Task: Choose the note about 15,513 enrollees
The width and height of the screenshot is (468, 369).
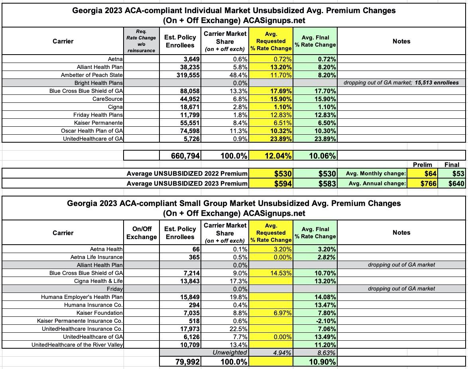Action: (x=401, y=83)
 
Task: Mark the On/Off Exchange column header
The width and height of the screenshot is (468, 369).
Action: (x=142, y=233)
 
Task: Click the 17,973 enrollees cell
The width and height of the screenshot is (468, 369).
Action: (x=187, y=329)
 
